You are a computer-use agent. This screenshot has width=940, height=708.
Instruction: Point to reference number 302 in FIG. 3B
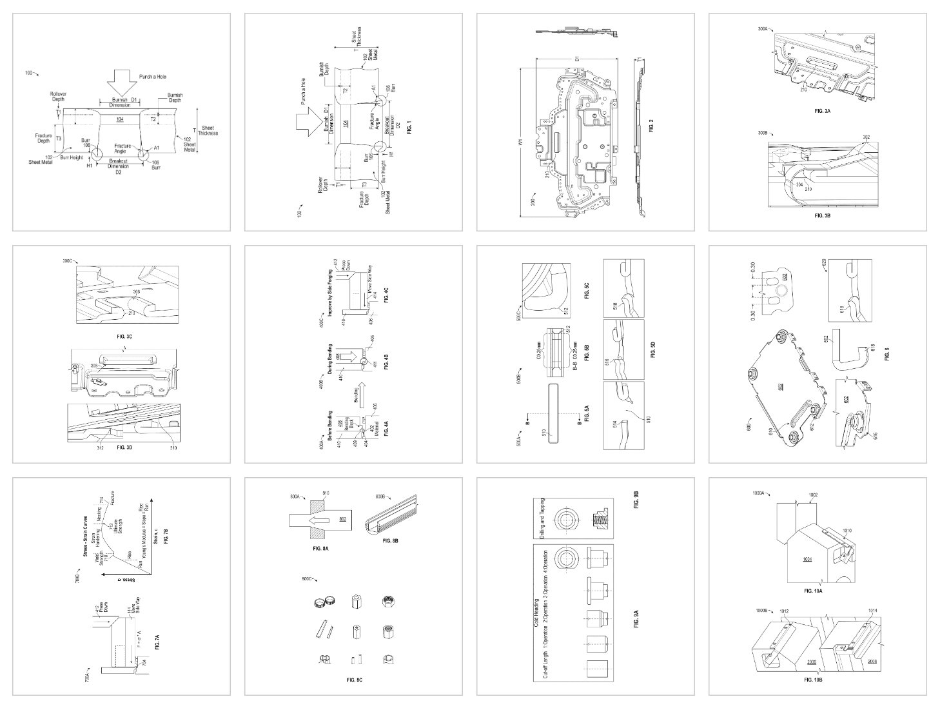point(865,137)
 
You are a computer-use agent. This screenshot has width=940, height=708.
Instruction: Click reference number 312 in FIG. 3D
point(100,447)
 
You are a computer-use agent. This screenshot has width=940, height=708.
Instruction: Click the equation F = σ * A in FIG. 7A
point(139,635)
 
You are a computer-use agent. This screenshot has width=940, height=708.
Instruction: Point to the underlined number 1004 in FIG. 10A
point(807,560)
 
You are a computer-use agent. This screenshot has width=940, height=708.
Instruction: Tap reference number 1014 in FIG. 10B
point(872,611)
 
